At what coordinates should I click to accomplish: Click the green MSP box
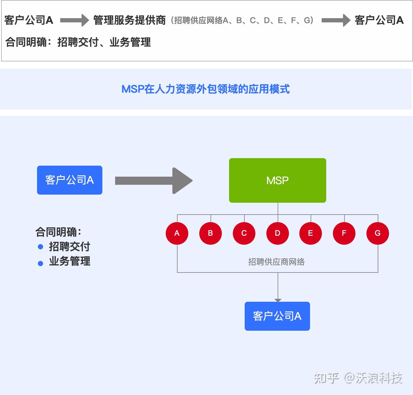pos(277,180)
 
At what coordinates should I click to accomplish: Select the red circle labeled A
pos(177,233)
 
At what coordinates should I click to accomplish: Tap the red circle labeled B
pos(210,233)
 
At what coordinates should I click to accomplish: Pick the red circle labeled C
pos(244,233)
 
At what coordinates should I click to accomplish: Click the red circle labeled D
pos(277,233)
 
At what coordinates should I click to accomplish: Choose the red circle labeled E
pos(311,233)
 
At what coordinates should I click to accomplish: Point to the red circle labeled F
pos(344,233)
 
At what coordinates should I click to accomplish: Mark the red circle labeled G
pos(377,233)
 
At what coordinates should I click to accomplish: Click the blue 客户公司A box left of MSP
pos(69,180)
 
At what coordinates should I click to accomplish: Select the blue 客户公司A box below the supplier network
pos(277,316)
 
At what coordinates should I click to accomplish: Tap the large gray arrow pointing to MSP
pos(153,181)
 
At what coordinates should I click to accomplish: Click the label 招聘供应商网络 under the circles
pos(276,262)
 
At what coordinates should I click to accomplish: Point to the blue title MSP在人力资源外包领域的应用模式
pos(205,89)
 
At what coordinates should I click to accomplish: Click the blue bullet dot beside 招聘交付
pos(40,247)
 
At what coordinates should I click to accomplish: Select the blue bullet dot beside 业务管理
pos(40,263)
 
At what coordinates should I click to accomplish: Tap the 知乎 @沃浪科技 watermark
pos(358,378)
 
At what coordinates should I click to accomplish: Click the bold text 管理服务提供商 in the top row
pos(129,20)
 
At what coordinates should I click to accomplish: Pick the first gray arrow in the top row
pos(74,20)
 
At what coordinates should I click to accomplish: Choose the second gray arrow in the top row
pos(336,20)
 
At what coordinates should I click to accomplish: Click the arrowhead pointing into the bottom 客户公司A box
pos(278,300)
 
